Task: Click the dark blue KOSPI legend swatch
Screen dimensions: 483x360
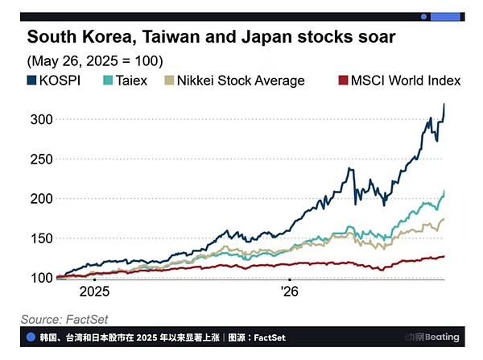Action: [31, 81]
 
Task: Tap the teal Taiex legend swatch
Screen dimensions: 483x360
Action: [108, 81]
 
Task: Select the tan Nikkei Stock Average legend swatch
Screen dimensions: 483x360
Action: [169, 81]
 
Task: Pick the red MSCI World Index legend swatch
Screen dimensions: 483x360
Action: [343, 81]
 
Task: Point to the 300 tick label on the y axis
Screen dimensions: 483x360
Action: [42, 119]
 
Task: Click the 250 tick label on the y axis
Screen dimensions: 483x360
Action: [42, 159]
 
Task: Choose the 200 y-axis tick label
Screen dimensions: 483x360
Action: [42, 199]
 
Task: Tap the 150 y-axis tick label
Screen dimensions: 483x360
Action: [42, 238]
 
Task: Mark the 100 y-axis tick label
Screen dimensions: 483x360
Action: [42, 278]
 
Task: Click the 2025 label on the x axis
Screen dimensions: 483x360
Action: [94, 292]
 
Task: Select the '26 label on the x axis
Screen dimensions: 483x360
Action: [290, 292]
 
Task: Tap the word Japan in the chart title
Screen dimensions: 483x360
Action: [266, 38]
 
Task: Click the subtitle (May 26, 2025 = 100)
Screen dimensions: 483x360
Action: [95, 61]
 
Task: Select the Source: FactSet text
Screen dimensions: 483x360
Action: [64, 319]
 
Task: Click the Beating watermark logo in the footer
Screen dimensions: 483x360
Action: [431, 337]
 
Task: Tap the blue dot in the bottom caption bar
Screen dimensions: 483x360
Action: [31, 337]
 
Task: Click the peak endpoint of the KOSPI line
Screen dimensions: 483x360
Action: [444, 104]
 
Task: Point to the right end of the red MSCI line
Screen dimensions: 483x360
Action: [444, 256]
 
